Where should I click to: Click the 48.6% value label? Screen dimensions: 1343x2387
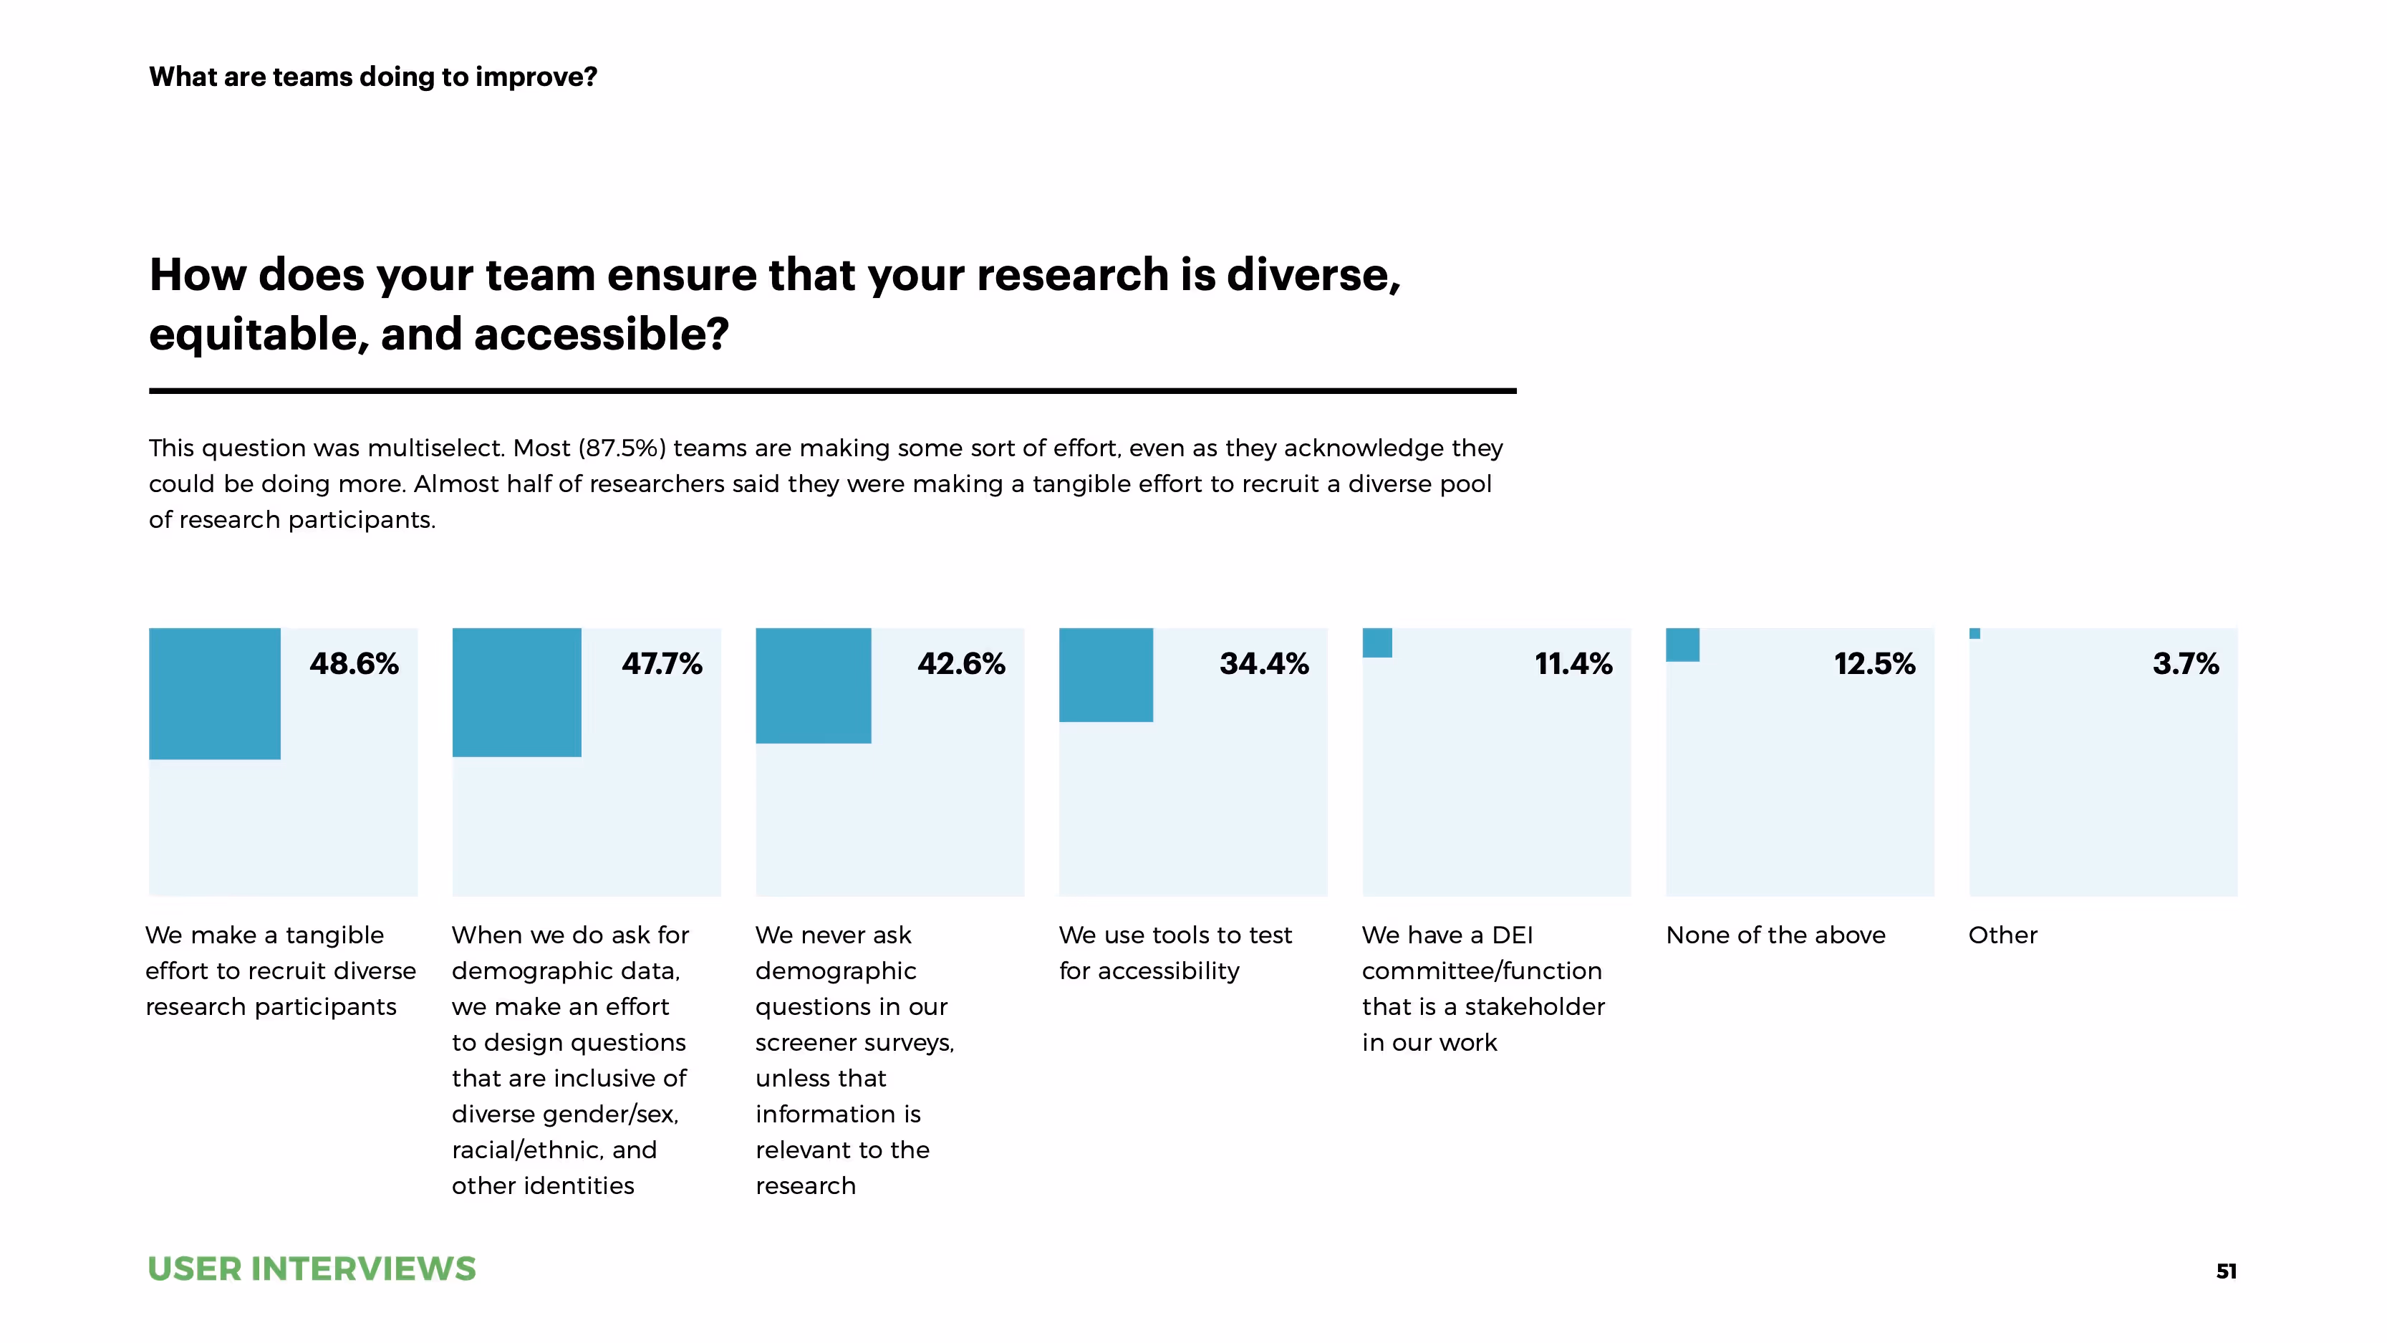pos(354,664)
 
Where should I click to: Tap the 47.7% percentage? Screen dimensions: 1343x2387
pos(662,664)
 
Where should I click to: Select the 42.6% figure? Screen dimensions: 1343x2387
pos(961,664)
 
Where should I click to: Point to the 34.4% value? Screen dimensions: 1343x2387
pos(1264,664)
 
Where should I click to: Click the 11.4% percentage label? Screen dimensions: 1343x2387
pos(1573,664)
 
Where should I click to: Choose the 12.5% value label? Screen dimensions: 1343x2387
pos(1874,664)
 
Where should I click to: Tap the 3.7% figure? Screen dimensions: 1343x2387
pos(2185,664)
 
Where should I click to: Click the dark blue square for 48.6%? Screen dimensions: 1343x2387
pos(214,693)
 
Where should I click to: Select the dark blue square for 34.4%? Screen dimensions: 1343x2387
pos(1106,675)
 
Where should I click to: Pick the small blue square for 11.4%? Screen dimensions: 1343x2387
pos(1377,642)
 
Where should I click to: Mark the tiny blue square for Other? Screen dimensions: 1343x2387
pos(1974,634)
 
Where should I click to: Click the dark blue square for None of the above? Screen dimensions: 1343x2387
pos(1682,644)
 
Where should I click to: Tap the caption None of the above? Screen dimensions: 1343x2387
pos(1775,935)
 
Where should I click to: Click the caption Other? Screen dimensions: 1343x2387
pos(2002,935)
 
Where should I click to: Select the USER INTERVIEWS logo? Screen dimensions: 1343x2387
pos(312,1268)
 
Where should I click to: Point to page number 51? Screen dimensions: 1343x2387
pos(2226,1271)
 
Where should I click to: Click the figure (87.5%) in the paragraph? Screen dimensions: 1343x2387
pos(622,448)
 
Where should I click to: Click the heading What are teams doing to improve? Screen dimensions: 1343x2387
pos(372,76)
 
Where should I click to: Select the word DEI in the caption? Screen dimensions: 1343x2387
pos(1513,935)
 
